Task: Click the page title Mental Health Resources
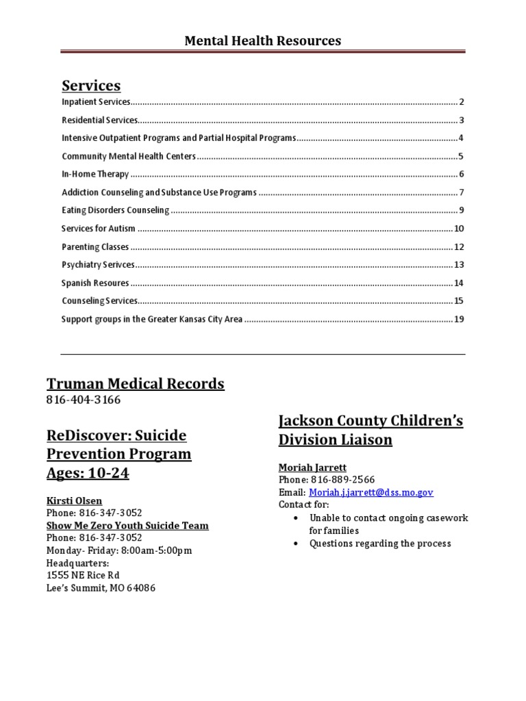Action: click(262, 41)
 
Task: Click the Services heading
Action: click(91, 86)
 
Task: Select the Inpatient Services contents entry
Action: click(96, 102)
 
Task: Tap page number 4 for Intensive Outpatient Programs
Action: click(462, 138)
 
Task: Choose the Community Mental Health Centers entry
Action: click(129, 156)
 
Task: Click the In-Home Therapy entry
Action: click(95, 174)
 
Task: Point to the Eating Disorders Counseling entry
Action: click(115, 210)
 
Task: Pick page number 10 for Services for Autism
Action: click(459, 229)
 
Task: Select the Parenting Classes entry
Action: click(95, 247)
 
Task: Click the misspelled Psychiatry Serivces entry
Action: click(98, 265)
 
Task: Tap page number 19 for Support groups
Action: click(459, 319)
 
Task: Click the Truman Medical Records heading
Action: click(135, 383)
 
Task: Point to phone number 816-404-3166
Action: click(84, 400)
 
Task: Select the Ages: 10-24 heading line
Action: click(88, 473)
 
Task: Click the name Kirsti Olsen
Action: click(74, 501)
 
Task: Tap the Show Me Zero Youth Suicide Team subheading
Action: click(127, 526)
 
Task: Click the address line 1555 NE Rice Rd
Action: click(83, 575)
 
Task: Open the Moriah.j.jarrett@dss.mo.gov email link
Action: click(371, 492)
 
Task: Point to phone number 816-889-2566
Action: click(342, 480)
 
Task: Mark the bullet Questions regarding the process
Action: click(380, 544)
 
